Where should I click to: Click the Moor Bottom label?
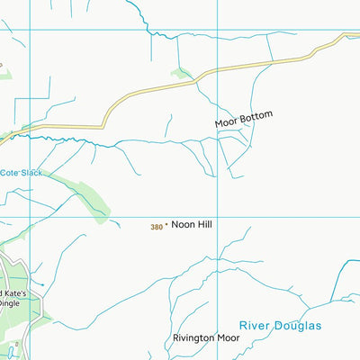(242, 117)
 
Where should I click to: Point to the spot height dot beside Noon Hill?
(166, 226)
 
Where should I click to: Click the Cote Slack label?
(22, 173)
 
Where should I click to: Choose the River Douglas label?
(281, 325)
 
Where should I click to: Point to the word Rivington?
(193, 339)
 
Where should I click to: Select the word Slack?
(31, 173)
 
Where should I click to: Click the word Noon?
(184, 226)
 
